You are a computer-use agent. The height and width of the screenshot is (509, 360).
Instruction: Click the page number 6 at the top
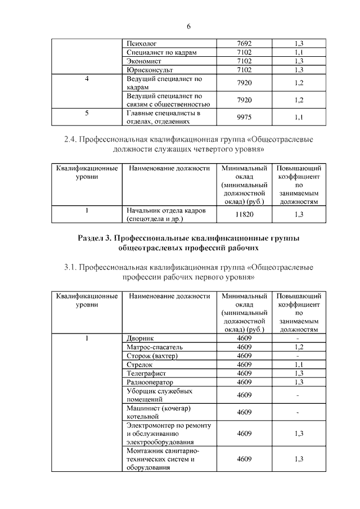click(189, 27)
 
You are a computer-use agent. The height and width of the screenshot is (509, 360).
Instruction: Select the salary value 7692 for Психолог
click(244, 43)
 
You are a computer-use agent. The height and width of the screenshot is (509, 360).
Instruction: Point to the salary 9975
click(244, 117)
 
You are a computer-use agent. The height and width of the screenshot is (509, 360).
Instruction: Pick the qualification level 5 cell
click(87, 112)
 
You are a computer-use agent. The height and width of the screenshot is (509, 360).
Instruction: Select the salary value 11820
click(244, 214)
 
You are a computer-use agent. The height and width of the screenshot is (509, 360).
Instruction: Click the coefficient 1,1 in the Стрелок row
click(299, 364)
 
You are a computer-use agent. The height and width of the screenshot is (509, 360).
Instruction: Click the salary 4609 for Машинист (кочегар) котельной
click(244, 412)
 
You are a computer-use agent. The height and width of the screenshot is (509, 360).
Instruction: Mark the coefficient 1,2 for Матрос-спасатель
click(299, 346)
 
